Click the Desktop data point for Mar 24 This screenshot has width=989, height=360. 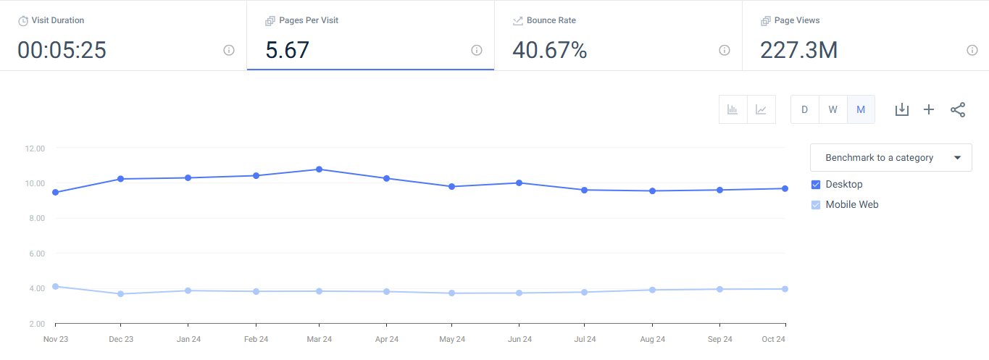click(x=319, y=169)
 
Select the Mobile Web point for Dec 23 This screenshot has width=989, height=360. click(x=120, y=293)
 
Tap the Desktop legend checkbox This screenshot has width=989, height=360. click(x=816, y=184)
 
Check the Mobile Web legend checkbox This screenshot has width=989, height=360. click(x=816, y=204)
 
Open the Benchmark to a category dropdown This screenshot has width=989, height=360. click(x=890, y=157)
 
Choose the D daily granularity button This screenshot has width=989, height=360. click(x=804, y=109)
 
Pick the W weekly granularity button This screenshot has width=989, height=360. click(x=832, y=109)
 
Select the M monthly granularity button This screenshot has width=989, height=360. click(x=861, y=109)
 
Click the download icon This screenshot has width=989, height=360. click(x=901, y=109)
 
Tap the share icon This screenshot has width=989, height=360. click(x=958, y=109)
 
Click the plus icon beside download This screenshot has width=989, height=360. click(x=929, y=109)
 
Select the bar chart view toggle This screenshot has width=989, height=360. click(x=733, y=109)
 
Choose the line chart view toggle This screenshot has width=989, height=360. click(x=761, y=109)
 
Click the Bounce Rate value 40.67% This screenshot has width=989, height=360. click(x=549, y=50)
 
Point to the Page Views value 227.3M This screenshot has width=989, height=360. click(x=798, y=50)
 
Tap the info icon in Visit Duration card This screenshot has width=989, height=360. click(x=229, y=50)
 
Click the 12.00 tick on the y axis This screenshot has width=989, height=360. click(x=35, y=148)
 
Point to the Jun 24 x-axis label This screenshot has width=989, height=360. click(x=519, y=339)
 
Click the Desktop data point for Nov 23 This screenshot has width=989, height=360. click(x=55, y=192)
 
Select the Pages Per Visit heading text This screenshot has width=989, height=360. click(x=309, y=20)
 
